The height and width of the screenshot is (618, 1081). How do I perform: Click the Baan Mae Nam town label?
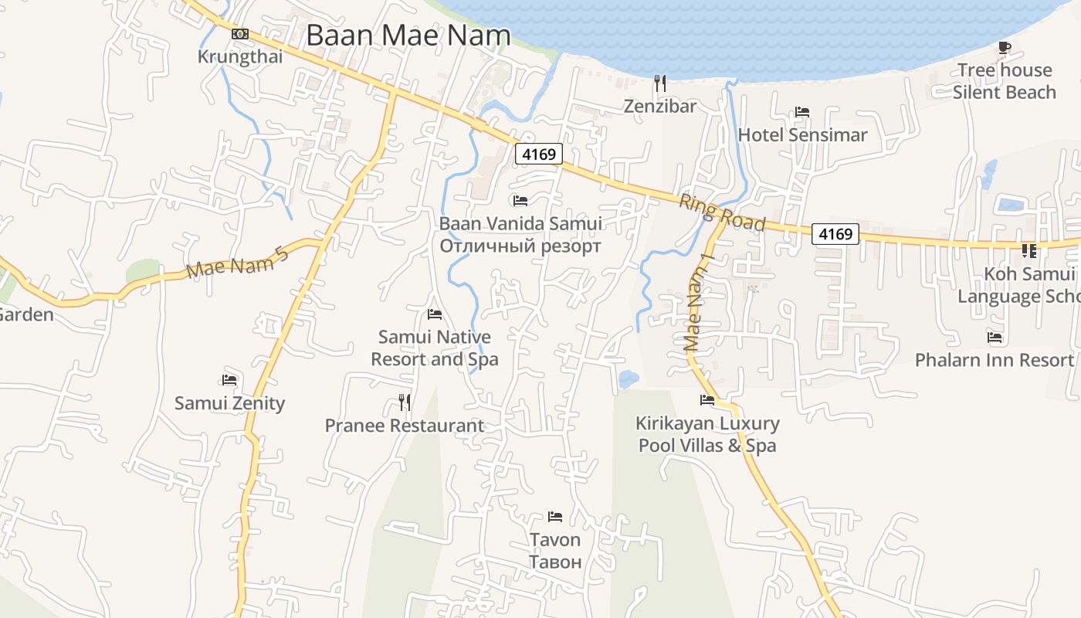[408, 36]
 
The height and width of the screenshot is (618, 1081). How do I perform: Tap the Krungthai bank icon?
[240, 34]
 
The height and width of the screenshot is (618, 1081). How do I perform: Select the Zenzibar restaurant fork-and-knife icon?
[660, 83]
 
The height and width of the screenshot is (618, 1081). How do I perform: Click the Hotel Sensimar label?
[802, 135]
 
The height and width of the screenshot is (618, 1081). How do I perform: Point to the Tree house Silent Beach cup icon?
[1004, 48]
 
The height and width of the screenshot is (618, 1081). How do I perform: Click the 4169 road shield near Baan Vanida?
[539, 154]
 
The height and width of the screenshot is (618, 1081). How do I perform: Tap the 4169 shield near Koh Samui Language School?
[835, 233]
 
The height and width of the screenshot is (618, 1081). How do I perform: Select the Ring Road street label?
[721, 212]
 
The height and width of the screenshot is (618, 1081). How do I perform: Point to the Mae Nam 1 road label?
[696, 302]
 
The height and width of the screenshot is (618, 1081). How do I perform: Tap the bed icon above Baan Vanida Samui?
[520, 201]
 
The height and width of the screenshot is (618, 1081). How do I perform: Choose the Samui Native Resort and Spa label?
[434, 348]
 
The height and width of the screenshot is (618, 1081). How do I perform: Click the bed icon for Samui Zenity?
[229, 380]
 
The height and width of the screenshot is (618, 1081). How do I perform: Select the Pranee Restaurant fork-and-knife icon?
[404, 402]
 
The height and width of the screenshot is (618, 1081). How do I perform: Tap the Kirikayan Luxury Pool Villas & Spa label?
[707, 435]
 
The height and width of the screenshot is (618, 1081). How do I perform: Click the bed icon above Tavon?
[554, 516]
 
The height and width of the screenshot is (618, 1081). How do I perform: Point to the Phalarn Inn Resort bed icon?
[995, 337]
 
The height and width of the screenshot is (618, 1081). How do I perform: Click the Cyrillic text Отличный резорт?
[520, 246]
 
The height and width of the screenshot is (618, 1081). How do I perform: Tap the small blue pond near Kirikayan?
[628, 379]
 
